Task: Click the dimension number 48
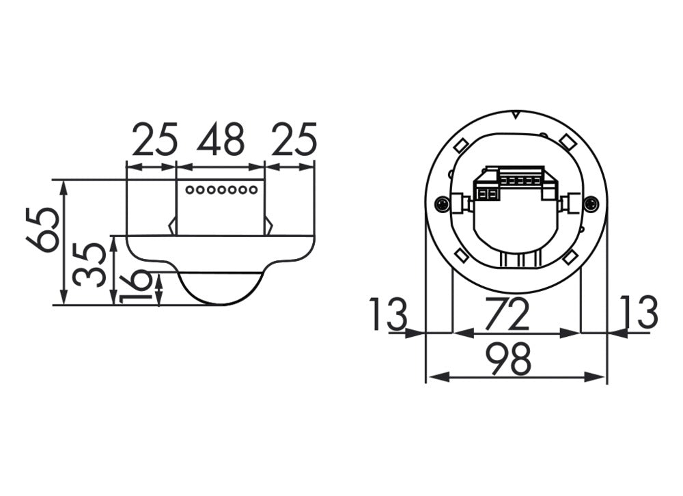point(221,139)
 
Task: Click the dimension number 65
point(42,230)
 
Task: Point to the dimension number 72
point(507,314)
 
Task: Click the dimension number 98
point(509,359)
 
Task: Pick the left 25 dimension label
point(155,139)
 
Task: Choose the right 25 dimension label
point(294,139)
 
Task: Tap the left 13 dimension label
point(389,314)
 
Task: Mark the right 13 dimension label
point(639,312)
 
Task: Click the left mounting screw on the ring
point(442,203)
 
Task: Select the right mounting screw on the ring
point(591,203)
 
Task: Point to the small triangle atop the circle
point(515,115)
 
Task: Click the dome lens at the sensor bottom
point(221,288)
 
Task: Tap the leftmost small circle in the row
point(189,190)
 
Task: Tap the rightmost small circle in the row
point(253,190)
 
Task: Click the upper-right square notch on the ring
point(567,141)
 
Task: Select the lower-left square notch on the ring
point(462,256)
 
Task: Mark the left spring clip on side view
point(173,225)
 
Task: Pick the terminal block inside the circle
point(515,183)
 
